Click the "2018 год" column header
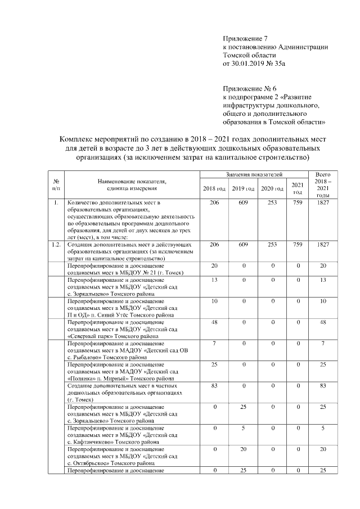coord(214,188)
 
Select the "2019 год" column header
coord(244,188)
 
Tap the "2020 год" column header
coord(272,188)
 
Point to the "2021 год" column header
coord(298,188)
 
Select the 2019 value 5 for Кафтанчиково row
coord(244,430)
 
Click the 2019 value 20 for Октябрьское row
coord(244,452)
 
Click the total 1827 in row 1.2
coord(323,246)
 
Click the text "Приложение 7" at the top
coord(243,39)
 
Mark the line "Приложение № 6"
coord(246,88)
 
